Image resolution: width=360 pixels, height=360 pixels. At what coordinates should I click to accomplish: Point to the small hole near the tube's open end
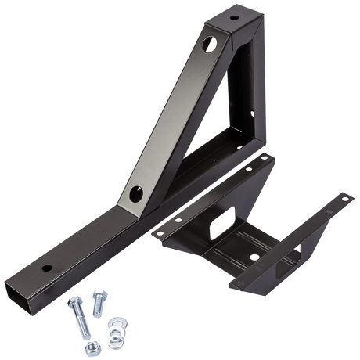pyautogui.click(x=45, y=268)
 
